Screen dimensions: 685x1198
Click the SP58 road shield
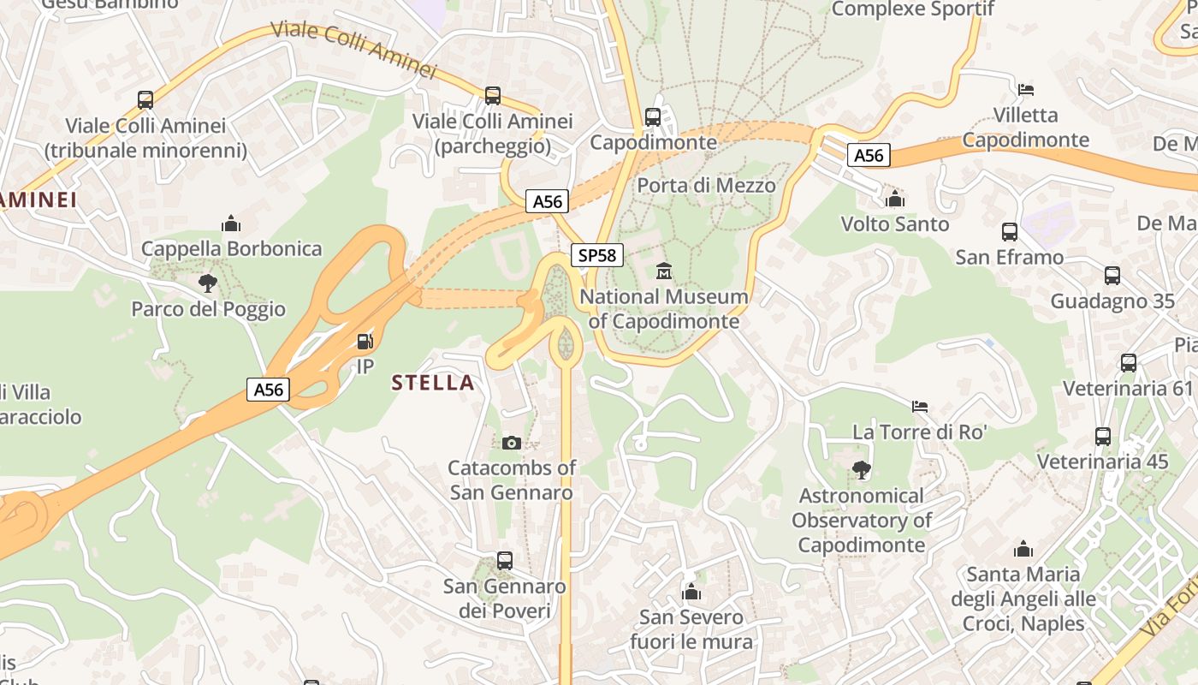coord(597,255)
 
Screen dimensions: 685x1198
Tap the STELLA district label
coord(433,383)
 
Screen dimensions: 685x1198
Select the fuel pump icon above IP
coord(365,342)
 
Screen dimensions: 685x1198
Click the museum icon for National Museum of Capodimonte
coord(663,272)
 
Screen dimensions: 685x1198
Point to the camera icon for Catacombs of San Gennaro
coord(512,443)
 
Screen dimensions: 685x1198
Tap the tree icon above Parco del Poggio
coord(207,283)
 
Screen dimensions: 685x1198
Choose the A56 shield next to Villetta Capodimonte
coord(869,155)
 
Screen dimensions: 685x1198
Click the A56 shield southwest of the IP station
coord(268,390)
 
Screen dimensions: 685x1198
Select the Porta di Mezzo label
coord(706,186)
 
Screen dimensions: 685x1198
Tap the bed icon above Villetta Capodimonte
coord(1026,90)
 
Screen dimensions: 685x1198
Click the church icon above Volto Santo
coord(895,200)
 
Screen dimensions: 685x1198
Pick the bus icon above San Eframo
coord(1010,232)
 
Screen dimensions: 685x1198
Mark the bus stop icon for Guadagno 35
coord(1112,276)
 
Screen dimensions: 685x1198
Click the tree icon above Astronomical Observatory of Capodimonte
coord(861,470)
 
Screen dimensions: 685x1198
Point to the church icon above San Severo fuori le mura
coord(691,592)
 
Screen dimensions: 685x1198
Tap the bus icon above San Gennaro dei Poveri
coord(505,561)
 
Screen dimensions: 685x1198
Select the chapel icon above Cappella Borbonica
coord(231,224)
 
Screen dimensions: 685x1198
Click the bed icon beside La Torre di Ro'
coord(920,406)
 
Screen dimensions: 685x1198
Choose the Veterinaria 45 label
coord(1102,462)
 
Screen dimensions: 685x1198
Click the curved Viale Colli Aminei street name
coord(354,50)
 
